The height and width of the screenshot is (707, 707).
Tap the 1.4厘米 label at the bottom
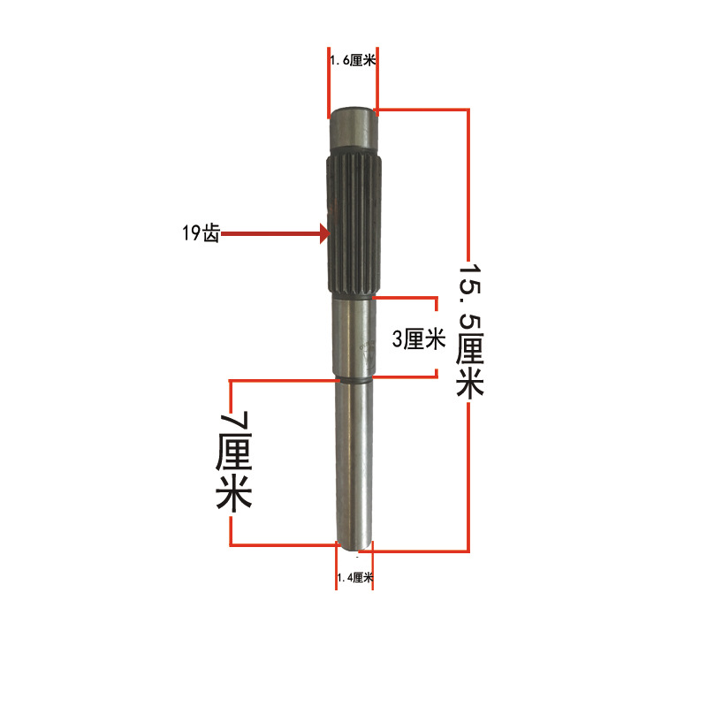click(x=354, y=578)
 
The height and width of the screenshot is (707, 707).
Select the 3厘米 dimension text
click(x=415, y=339)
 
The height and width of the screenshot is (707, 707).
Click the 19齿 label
click(x=199, y=235)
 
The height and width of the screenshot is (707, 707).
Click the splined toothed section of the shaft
click(x=354, y=225)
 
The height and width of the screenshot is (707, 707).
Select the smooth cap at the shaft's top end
click(x=354, y=133)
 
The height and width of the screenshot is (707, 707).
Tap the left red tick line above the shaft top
click(x=329, y=80)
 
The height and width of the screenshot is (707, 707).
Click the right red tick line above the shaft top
click(x=376, y=80)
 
